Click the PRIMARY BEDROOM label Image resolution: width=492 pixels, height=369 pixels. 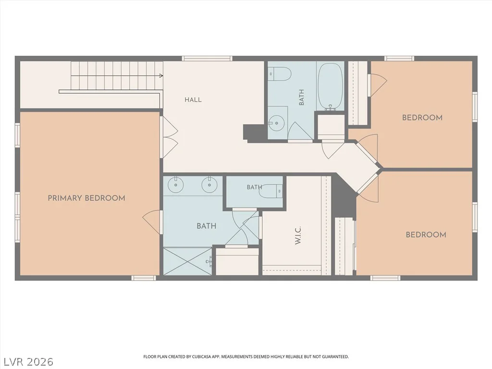(86, 198)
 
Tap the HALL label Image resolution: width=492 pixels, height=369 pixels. (193, 100)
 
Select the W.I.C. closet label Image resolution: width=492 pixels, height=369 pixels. (298, 235)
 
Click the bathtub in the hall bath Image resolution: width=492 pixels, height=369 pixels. (331, 86)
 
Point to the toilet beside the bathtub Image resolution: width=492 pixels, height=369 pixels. (280, 74)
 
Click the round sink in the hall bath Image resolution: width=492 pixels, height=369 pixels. (276, 123)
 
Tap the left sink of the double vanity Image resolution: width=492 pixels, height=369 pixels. (176, 185)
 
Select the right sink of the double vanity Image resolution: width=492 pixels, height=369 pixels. (209, 185)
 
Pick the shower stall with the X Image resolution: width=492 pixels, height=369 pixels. (188, 261)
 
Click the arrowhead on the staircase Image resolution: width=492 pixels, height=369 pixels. (161, 75)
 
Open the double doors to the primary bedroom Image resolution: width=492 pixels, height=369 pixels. (169, 137)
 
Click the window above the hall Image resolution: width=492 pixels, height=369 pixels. (207, 58)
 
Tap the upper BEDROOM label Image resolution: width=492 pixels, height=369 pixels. (422, 118)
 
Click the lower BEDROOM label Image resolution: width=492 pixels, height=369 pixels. (426, 234)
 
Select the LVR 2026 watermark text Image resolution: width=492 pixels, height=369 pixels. (27, 361)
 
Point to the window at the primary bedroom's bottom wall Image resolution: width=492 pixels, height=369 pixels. (143, 278)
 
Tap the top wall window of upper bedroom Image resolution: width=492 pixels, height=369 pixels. (399, 58)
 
